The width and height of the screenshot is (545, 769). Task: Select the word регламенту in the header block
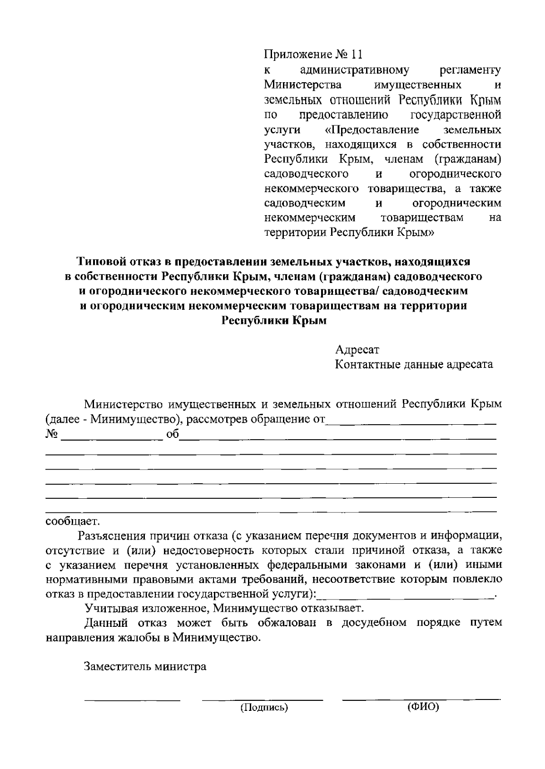(471, 70)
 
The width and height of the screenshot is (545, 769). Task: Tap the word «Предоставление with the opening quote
(372, 130)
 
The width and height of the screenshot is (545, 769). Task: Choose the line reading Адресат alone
(357, 350)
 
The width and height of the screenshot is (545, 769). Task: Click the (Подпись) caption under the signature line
(264, 707)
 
